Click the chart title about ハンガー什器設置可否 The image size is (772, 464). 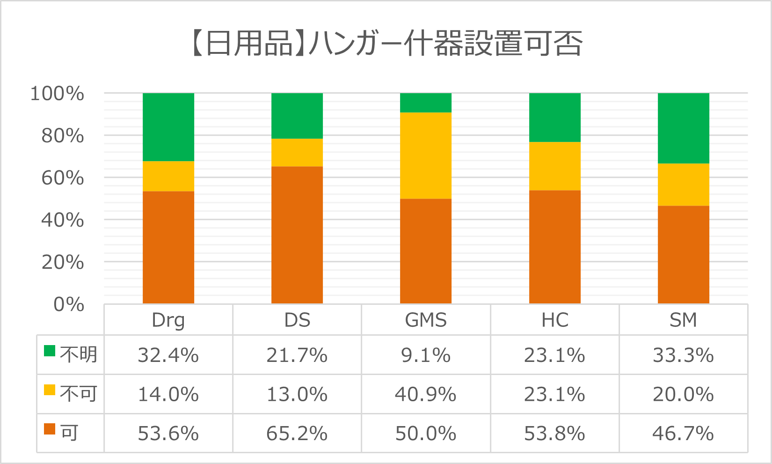pyautogui.click(x=386, y=44)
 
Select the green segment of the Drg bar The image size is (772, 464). pyautogui.click(x=168, y=127)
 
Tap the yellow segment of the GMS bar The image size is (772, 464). pyautogui.click(x=426, y=155)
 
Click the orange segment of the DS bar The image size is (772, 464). pyautogui.click(x=297, y=235)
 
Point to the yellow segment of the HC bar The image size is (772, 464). pyautogui.click(x=555, y=166)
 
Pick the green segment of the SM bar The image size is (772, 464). pyautogui.click(x=684, y=128)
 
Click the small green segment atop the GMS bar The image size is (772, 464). pyautogui.click(x=426, y=103)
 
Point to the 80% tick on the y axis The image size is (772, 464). pyautogui.click(x=63, y=136)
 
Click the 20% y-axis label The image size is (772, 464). pyautogui.click(x=63, y=262)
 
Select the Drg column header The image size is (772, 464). pyautogui.click(x=168, y=320)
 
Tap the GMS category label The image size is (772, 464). pyautogui.click(x=426, y=320)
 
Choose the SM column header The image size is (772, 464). pyautogui.click(x=684, y=320)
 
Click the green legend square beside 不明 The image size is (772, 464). pyautogui.click(x=50, y=351)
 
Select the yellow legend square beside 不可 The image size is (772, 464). pyautogui.click(x=50, y=390)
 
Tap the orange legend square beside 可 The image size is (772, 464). pyautogui.click(x=50, y=429)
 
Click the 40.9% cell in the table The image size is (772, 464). pyautogui.click(x=426, y=394)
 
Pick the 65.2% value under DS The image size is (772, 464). pyautogui.click(x=297, y=434)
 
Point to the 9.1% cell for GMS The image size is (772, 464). pyautogui.click(x=426, y=355)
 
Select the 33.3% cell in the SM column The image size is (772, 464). pyautogui.click(x=684, y=355)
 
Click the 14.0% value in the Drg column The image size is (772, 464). pyautogui.click(x=168, y=394)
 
